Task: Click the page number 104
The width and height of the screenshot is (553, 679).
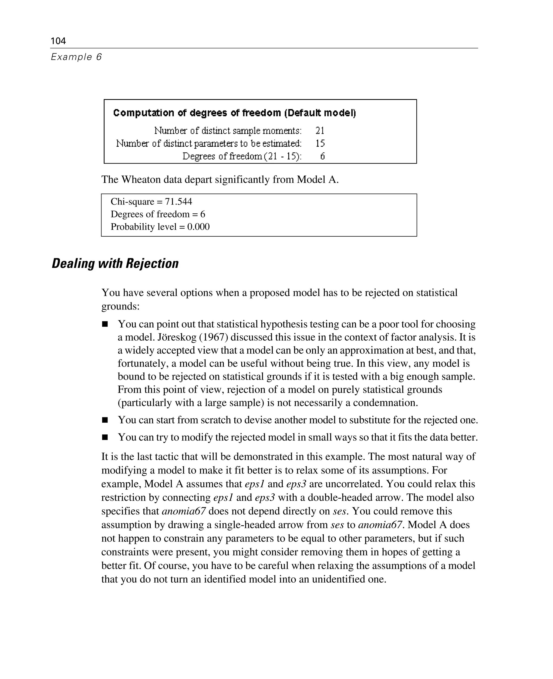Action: (x=58, y=41)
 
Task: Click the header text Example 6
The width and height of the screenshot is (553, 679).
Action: (x=76, y=57)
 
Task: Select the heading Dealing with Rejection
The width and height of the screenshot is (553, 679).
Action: (x=115, y=264)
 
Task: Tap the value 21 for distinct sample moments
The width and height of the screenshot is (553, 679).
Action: (x=320, y=131)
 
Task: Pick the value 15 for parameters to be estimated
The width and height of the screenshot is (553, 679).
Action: (x=320, y=143)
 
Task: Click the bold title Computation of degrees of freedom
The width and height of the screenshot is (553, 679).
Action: (x=234, y=113)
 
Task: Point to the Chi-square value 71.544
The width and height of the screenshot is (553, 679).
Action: (x=178, y=202)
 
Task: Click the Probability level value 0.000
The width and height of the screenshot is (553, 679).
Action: (x=198, y=227)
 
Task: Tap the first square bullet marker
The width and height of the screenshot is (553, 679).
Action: (x=105, y=324)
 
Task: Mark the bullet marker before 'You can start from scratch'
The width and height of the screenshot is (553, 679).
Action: (x=105, y=420)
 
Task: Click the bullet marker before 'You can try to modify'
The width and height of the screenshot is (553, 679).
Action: (x=105, y=437)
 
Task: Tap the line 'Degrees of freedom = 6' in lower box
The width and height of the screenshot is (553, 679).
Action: (x=158, y=214)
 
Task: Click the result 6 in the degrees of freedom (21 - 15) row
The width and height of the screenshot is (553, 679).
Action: (x=322, y=156)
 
